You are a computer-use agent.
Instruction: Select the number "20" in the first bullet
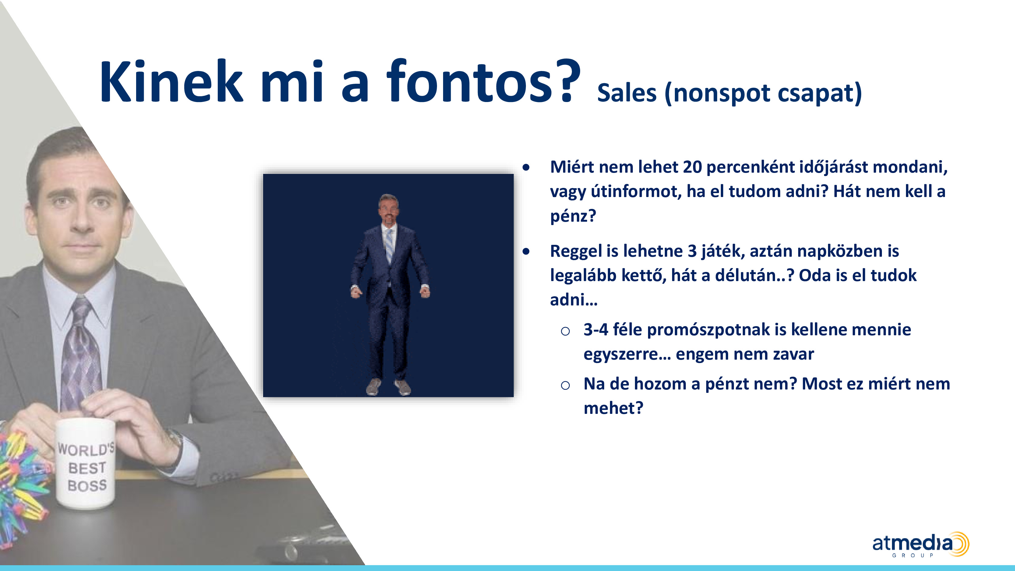click(692, 167)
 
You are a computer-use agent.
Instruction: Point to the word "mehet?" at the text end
click(613, 408)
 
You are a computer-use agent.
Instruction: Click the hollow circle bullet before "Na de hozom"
click(565, 385)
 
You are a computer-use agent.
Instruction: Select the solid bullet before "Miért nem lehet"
click(526, 167)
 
